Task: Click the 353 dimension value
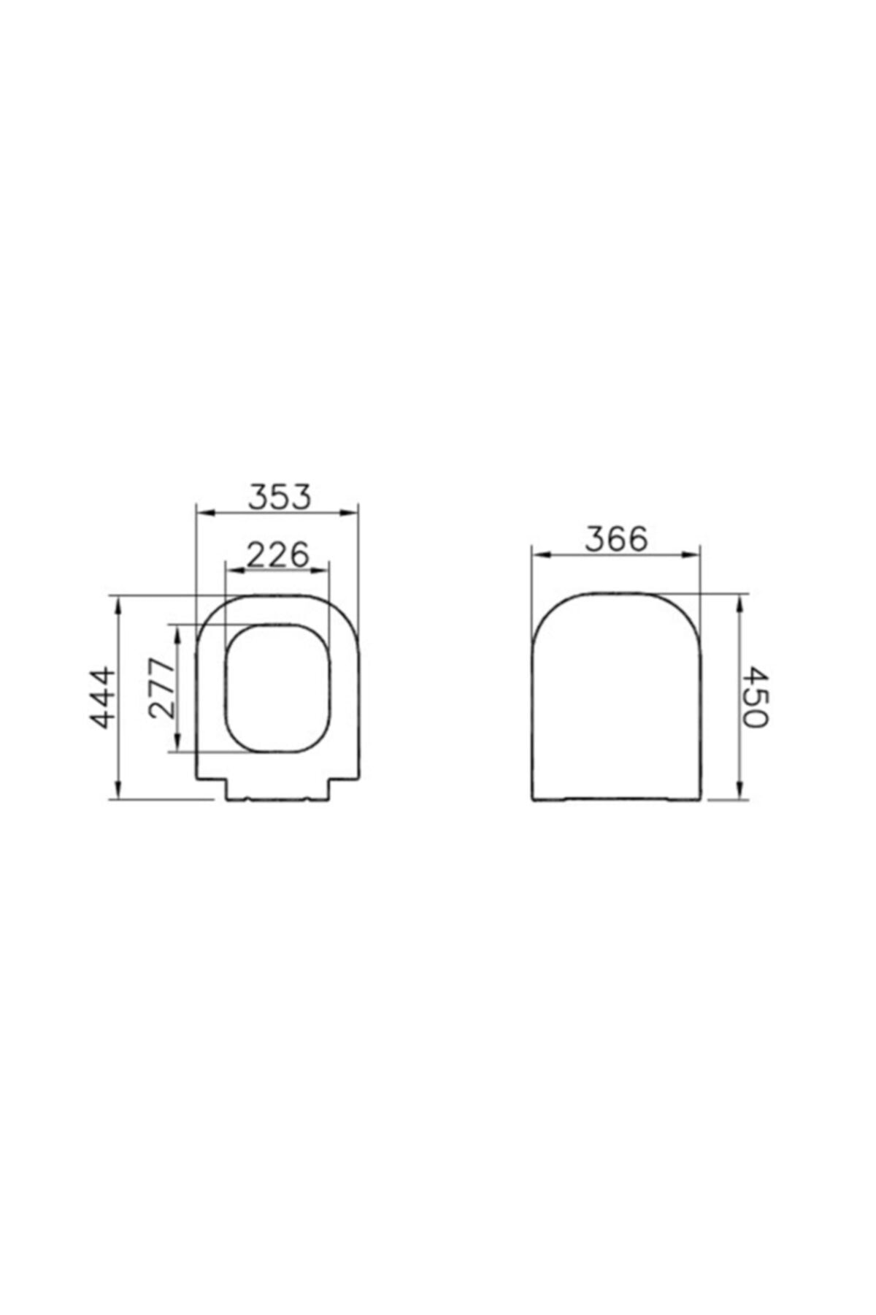tap(280, 497)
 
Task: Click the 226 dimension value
tap(278, 555)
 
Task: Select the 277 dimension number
tap(162, 688)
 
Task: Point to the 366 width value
tap(616, 539)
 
